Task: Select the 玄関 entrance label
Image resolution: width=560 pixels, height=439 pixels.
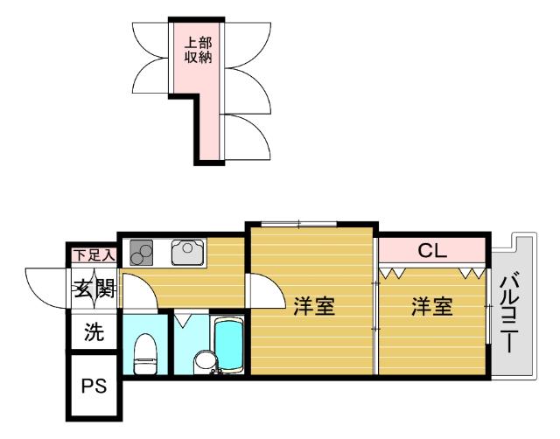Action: (x=94, y=289)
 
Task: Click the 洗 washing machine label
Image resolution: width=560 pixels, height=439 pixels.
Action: (x=93, y=332)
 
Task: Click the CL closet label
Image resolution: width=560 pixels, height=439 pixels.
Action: (x=431, y=251)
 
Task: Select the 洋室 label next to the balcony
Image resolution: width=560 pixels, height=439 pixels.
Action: (x=431, y=307)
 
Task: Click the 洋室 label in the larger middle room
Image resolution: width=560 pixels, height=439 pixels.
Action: (x=313, y=307)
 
